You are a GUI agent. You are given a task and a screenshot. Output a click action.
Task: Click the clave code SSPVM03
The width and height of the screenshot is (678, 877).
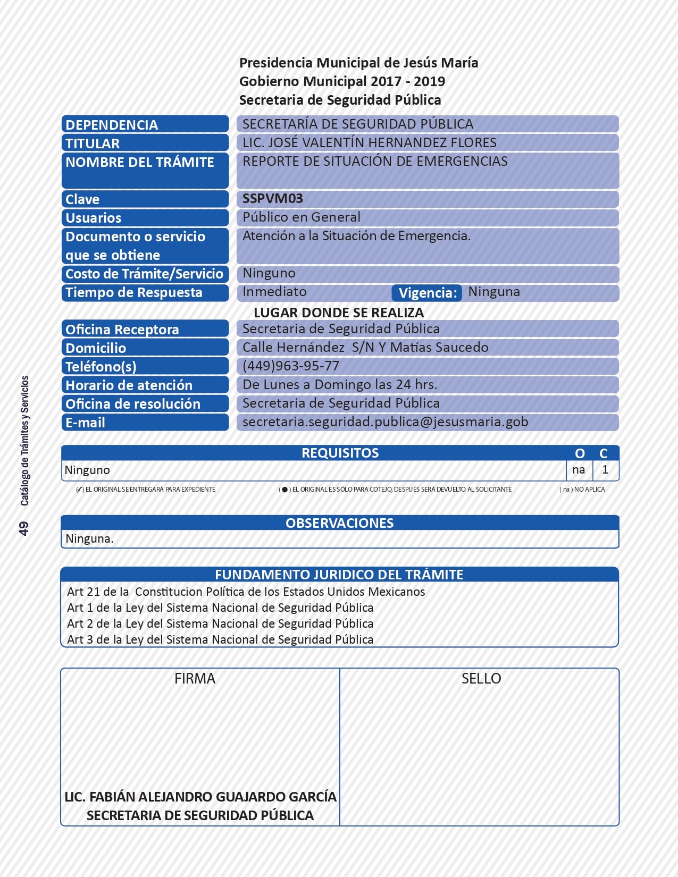(x=272, y=199)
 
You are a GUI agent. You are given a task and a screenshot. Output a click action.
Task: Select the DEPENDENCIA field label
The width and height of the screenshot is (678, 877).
(x=112, y=124)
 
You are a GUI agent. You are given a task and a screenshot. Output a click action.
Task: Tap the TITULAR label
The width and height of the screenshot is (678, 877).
(x=93, y=143)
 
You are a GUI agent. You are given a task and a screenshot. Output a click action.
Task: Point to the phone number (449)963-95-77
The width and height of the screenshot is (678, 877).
(x=290, y=366)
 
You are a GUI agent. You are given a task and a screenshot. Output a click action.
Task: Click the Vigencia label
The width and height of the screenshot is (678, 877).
(x=427, y=293)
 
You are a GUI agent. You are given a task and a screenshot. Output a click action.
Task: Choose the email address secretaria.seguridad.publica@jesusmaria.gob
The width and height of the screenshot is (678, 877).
(x=385, y=422)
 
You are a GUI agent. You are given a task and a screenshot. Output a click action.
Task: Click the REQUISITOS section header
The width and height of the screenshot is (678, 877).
(x=340, y=453)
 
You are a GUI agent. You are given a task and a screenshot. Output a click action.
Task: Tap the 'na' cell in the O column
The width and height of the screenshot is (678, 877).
(x=579, y=470)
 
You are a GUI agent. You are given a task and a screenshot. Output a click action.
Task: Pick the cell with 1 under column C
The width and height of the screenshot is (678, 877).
(x=605, y=470)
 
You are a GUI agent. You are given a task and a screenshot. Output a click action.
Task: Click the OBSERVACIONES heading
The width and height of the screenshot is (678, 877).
(x=339, y=523)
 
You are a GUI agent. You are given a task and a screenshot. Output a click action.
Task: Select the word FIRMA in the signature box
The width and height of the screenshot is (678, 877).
(x=195, y=679)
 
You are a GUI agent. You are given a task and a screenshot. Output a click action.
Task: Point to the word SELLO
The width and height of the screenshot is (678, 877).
(x=481, y=679)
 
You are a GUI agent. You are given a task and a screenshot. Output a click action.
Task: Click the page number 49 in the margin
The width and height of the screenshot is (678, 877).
(x=24, y=528)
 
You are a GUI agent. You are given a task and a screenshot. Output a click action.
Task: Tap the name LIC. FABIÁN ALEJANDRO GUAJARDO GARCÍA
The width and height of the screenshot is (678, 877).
(x=200, y=797)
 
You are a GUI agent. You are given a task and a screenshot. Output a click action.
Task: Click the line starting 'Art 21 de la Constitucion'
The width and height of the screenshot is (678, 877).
(x=246, y=592)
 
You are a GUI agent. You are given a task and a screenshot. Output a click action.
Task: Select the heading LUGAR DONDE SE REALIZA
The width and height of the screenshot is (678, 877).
(x=338, y=313)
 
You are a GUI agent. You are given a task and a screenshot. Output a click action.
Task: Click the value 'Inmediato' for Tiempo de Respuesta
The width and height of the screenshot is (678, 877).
(x=274, y=292)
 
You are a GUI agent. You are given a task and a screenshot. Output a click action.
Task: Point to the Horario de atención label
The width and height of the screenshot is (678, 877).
(x=129, y=385)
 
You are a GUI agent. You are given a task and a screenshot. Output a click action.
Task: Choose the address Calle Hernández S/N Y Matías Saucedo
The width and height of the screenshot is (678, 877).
(x=365, y=348)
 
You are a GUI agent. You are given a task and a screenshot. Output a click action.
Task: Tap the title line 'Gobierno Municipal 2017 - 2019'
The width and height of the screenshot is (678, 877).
(x=342, y=81)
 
